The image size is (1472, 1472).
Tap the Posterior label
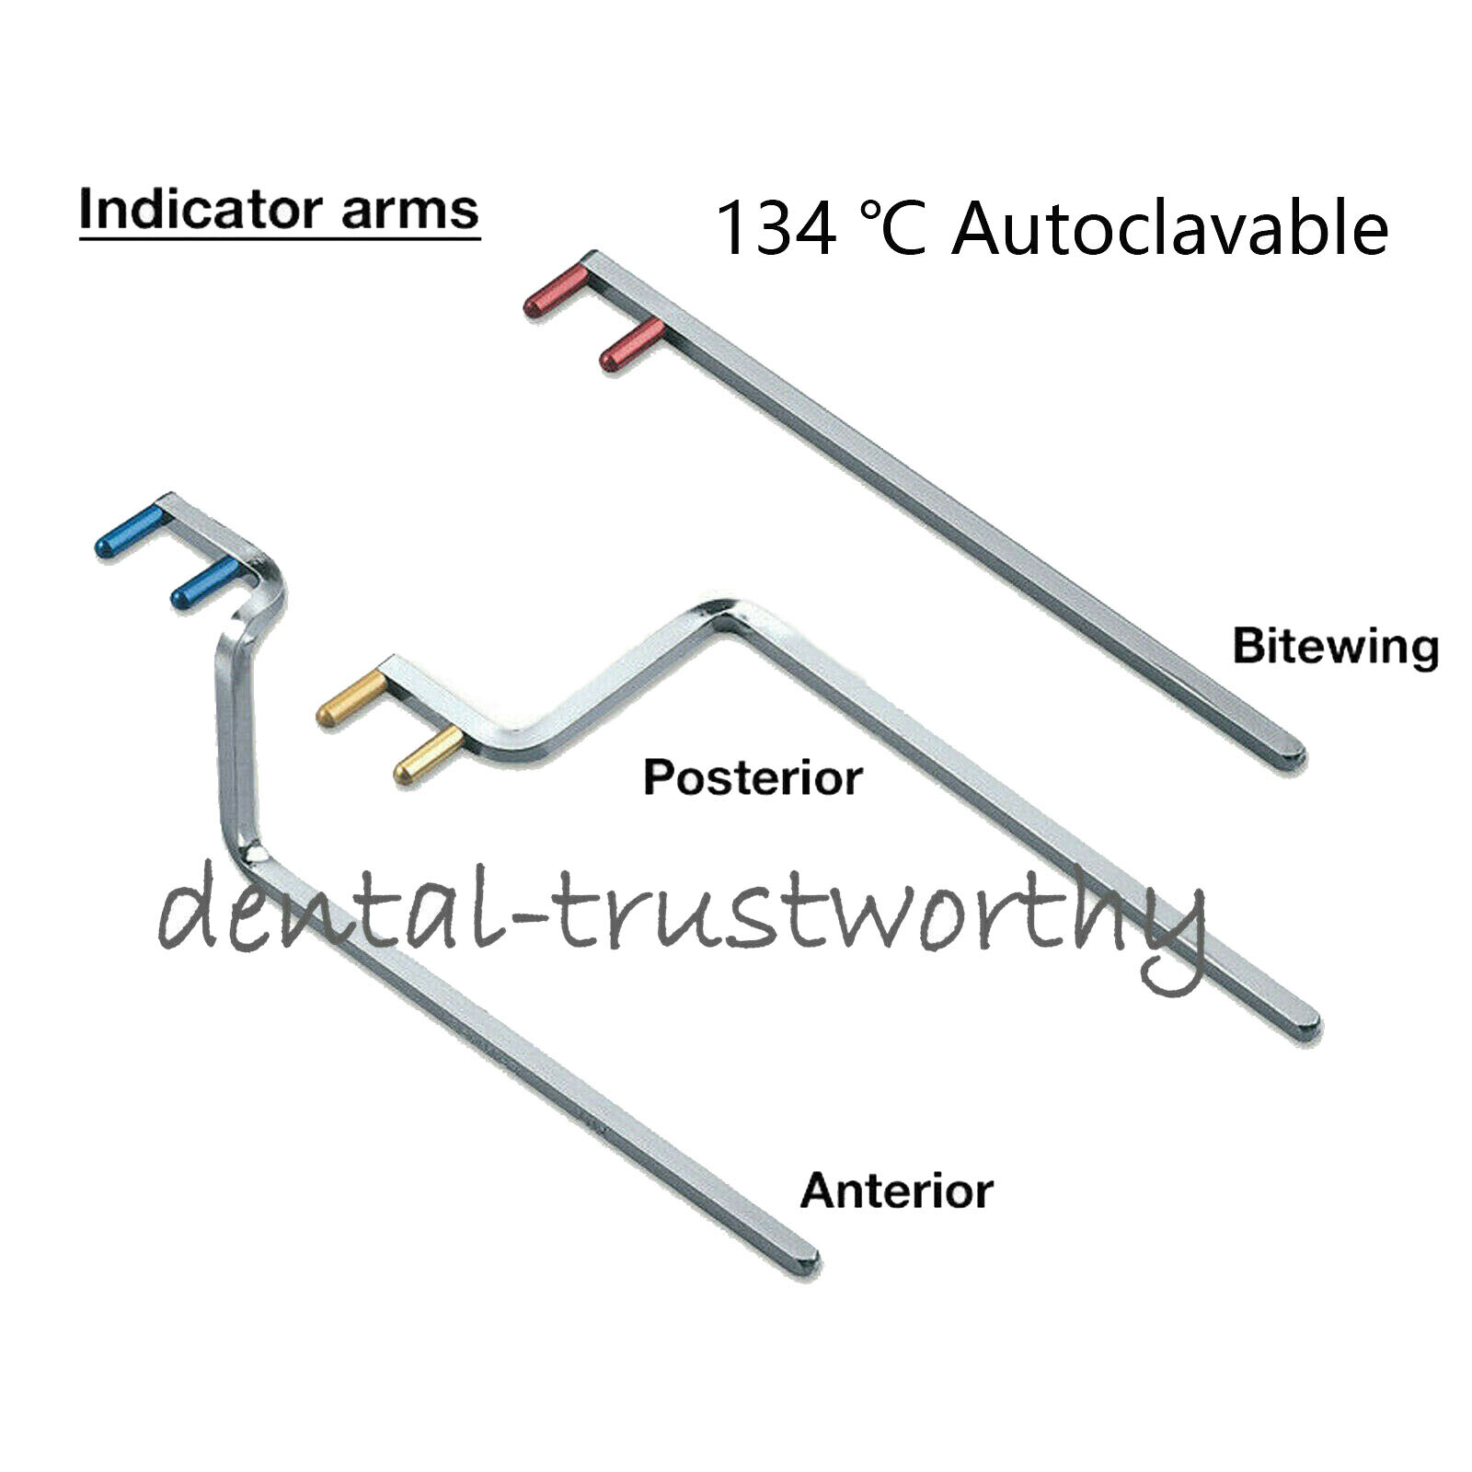pyautogui.click(x=753, y=778)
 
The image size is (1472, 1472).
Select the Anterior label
pyautogui.click(x=897, y=1191)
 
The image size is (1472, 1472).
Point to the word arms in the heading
pyautogui.click(x=410, y=212)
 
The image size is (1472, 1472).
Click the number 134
pyautogui.click(x=776, y=230)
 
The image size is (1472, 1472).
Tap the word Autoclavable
pyautogui.click(x=1169, y=230)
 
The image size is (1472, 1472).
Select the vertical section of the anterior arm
pyautogui.click(x=236, y=736)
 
